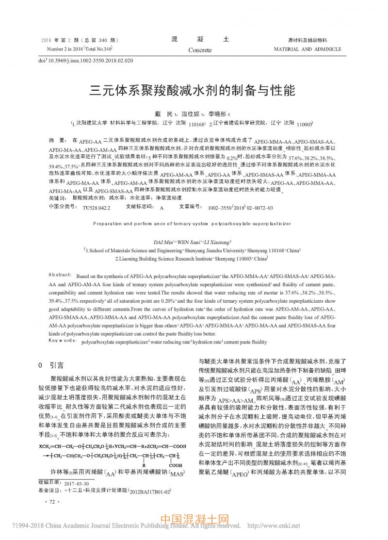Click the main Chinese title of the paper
click(194, 90)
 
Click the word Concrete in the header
click(200, 50)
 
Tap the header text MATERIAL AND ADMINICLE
click(307, 49)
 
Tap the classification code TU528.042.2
click(97, 207)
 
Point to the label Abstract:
click(60, 274)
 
